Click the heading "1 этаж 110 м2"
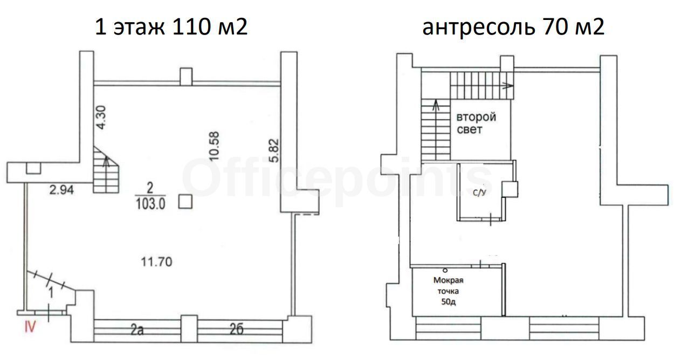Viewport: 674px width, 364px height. coord(171,27)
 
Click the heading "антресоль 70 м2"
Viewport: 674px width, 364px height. coord(513,27)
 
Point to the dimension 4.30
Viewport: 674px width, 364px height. coord(101,118)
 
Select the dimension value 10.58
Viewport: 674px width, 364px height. coord(214,146)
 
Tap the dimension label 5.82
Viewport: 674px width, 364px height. coord(274,150)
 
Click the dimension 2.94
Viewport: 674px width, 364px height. coord(61,190)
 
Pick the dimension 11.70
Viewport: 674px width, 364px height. coord(157,262)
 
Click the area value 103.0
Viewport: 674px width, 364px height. coord(150,204)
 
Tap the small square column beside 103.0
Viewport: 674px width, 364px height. coord(185,202)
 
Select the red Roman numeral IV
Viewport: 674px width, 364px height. coord(30,326)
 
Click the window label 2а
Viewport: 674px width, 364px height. coord(137,330)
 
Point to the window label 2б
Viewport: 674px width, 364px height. coord(236,329)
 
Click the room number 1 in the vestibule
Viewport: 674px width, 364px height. coord(51,293)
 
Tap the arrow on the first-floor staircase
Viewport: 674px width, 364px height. coord(106,161)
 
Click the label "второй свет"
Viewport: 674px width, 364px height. coord(476,123)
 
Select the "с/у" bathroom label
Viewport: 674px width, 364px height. coord(479,193)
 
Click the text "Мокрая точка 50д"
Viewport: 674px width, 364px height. coord(448,291)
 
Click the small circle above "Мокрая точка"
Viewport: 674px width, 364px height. coord(445,270)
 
